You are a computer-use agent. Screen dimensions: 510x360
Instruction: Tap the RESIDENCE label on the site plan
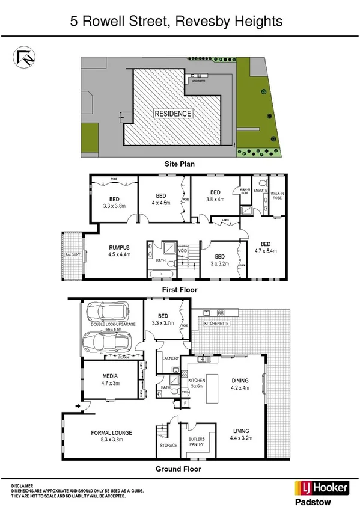[173, 114]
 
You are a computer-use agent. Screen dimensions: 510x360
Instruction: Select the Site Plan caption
[180, 163]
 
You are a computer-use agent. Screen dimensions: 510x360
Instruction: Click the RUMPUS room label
[119, 247]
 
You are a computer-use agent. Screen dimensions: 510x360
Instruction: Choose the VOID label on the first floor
[191, 250]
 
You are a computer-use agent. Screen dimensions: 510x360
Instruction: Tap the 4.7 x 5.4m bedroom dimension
[265, 251]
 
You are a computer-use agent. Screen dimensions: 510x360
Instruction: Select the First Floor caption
[179, 290]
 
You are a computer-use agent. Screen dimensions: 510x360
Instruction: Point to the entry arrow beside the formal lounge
[78, 407]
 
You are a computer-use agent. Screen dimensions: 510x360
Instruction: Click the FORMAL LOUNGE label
[112, 432]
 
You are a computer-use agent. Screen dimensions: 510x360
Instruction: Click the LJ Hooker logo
[321, 487]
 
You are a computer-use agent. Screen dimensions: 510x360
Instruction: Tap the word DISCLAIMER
[22, 485]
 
